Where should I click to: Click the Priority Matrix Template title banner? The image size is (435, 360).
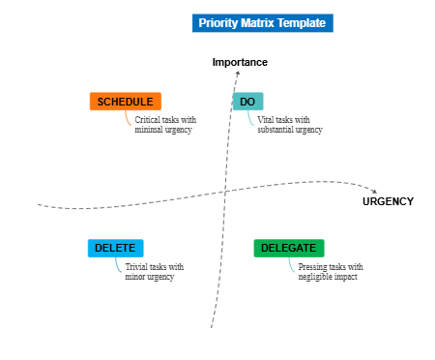(x=262, y=22)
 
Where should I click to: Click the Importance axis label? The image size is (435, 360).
(x=240, y=63)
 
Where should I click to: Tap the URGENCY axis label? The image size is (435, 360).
(x=388, y=201)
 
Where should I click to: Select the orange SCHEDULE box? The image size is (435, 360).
(x=125, y=102)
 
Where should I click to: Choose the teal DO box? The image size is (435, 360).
(x=247, y=102)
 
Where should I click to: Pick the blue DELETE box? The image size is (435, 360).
(x=115, y=249)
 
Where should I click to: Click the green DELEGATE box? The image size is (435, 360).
(x=289, y=249)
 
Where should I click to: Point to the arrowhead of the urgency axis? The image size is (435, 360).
(x=375, y=191)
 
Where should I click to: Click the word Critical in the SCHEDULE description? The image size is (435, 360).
(x=148, y=120)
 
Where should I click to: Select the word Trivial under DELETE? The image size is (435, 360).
(x=138, y=267)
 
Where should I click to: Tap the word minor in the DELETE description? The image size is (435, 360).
(x=135, y=277)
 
